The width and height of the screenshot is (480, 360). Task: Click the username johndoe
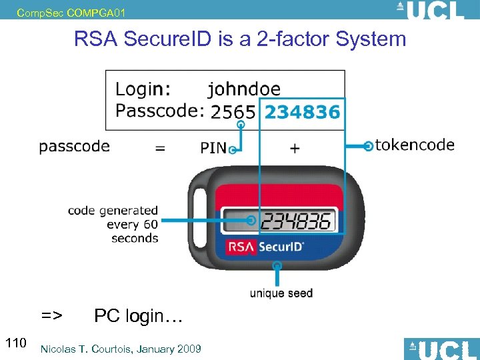[244, 89]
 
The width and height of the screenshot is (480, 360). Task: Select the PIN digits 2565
[233, 112]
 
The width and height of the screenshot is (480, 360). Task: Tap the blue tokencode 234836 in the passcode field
[302, 112]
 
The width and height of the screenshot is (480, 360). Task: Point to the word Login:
[143, 89]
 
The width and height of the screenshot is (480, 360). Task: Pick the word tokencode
[415, 145]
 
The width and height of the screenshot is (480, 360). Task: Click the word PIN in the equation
[213, 147]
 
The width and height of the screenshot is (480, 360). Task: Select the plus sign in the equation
[295, 147]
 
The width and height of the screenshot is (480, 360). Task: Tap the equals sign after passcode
[160, 148]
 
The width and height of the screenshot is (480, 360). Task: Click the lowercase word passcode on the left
[74, 147]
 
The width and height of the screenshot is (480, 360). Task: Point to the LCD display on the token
[285, 220]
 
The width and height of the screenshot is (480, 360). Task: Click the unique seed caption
[281, 293]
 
